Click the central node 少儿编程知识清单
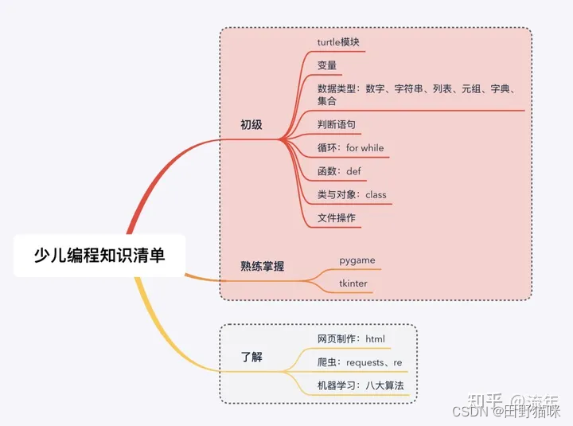click(x=99, y=255)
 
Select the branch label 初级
click(x=251, y=125)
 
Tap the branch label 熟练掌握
click(x=263, y=267)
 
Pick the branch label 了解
click(x=251, y=358)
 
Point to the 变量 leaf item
click(x=327, y=65)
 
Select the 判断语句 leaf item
click(x=337, y=125)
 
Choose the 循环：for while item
click(x=350, y=148)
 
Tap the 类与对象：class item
click(x=352, y=194)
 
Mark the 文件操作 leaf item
click(x=337, y=217)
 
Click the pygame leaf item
click(x=357, y=260)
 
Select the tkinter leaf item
click(x=353, y=283)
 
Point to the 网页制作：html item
click(x=351, y=339)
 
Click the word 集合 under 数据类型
click(x=327, y=101)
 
